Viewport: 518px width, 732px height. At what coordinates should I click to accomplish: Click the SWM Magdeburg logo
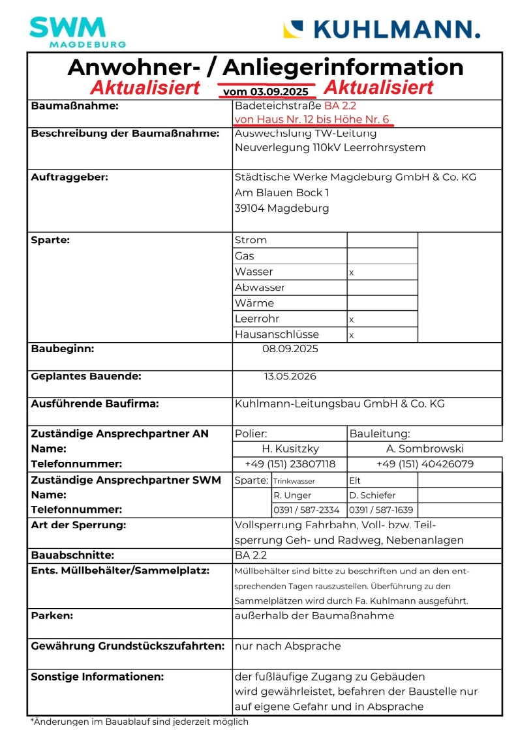pyautogui.click(x=77, y=31)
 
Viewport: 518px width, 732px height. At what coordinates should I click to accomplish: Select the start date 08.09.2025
pyautogui.click(x=290, y=349)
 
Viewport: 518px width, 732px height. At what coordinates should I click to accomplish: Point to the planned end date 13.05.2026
pyautogui.click(x=290, y=376)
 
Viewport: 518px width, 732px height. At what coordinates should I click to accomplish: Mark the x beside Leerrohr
pyautogui.click(x=352, y=320)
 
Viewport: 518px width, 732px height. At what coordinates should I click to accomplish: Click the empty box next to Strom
pyautogui.click(x=382, y=240)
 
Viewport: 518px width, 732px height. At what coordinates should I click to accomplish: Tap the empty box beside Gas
pyautogui.click(x=382, y=256)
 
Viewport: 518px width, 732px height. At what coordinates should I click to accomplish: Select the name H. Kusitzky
pyautogui.click(x=290, y=448)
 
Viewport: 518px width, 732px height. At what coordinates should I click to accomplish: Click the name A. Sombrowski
pyautogui.click(x=424, y=448)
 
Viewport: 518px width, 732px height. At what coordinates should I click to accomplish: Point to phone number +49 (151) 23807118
pyautogui.click(x=290, y=464)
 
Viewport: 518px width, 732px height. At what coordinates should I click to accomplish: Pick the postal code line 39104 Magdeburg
pyautogui.click(x=282, y=209)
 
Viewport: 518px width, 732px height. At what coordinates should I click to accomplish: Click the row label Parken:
pyautogui.click(x=52, y=615)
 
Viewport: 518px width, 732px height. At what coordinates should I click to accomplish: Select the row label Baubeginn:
pyautogui.click(x=63, y=349)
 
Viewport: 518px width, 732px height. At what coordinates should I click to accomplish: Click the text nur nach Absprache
pyautogui.click(x=288, y=646)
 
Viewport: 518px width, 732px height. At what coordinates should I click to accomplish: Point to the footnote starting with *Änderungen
pyautogui.click(x=140, y=722)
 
